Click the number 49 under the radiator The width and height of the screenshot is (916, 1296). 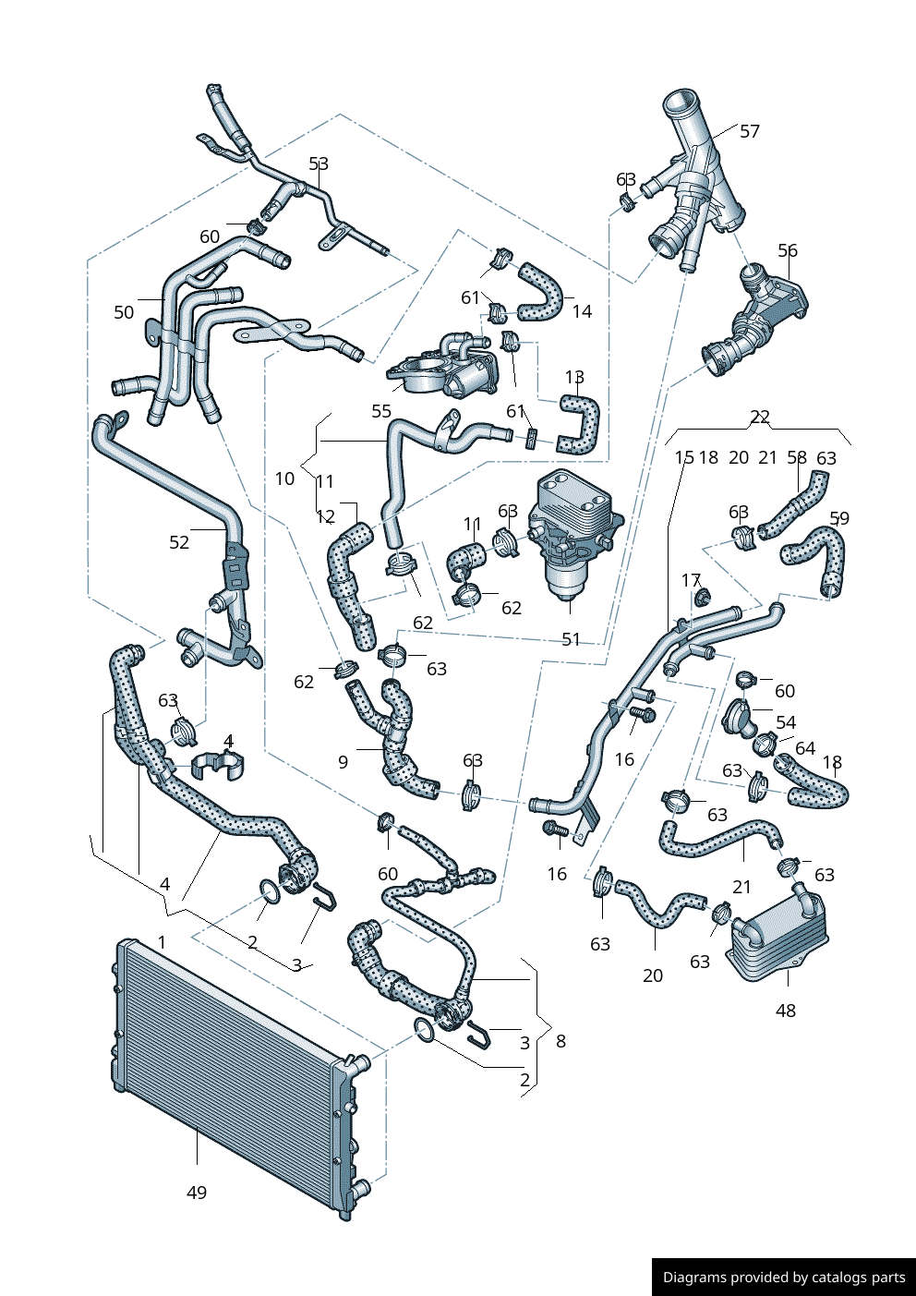tap(197, 1193)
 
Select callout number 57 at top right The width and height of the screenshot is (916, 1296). tap(750, 131)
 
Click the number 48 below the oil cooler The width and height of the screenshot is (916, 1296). tap(785, 1011)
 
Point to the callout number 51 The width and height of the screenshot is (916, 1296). tap(572, 639)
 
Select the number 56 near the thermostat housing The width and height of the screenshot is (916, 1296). tap(788, 250)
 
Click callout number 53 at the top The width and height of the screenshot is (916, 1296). tap(319, 164)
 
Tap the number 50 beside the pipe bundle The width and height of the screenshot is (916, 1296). tap(124, 312)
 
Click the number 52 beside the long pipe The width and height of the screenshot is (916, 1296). tap(179, 542)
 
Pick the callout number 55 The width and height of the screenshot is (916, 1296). tap(381, 411)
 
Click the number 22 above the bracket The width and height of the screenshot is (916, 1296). tap(760, 417)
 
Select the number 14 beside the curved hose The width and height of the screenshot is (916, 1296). tap(582, 311)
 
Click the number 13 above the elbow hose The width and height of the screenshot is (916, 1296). tap(574, 377)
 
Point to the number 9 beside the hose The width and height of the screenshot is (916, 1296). tap(343, 762)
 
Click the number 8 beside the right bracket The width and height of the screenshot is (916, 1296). tap(560, 1041)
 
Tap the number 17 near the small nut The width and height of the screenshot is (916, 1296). tap(691, 580)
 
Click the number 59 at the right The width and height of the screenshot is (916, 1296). tap(839, 518)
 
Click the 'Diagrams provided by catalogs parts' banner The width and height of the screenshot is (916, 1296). tap(784, 1277)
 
